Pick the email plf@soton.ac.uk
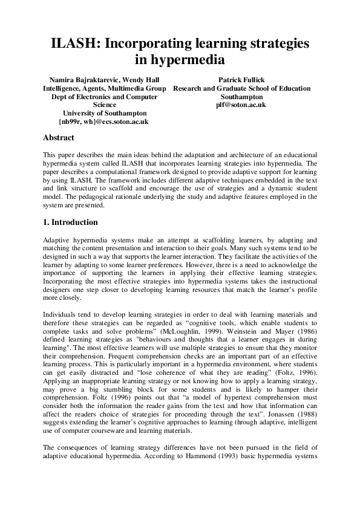tap(241, 105)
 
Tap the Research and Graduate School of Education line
tap(241, 88)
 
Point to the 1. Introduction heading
tap(70, 222)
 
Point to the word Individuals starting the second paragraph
tap(61, 306)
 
